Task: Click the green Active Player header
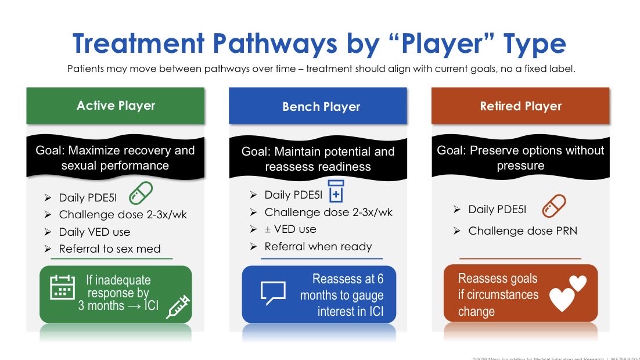click(x=116, y=106)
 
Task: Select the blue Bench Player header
click(x=321, y=106)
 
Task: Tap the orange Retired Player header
click(x=520, y=106)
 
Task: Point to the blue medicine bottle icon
click(x=336, y=191)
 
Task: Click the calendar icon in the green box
click(x=62, y=286)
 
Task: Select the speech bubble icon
click(x=273, y=293)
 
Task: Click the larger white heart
click(x=562, y=300)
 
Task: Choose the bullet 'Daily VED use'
click(x=95, y=232)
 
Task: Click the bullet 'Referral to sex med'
click(x=109, y=249)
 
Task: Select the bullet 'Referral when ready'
click(x=318, y=246)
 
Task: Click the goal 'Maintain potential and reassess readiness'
click(x=318, y=159)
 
